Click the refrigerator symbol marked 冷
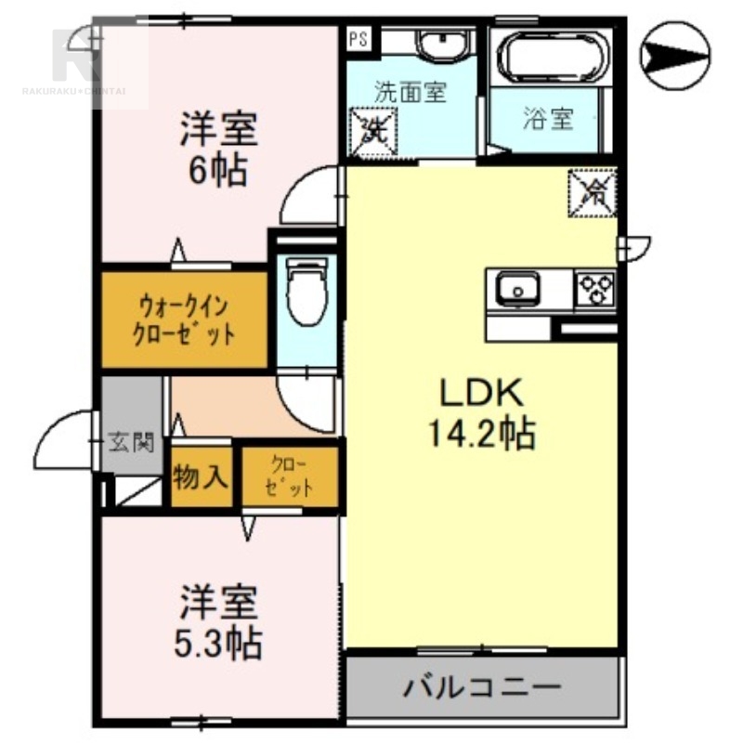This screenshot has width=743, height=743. point(592,192)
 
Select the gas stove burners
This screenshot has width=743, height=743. point(595,289)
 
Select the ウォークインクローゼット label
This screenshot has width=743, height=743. point(184,319)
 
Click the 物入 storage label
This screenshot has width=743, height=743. point(200,477)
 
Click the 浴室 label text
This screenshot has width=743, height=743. point(548,120)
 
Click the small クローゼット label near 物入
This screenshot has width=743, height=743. point(288,477)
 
